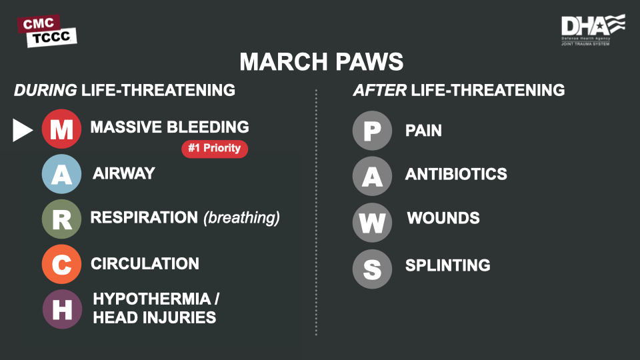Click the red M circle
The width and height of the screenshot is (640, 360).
tap(61, 129)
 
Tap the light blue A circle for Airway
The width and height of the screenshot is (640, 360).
tap(61, 174)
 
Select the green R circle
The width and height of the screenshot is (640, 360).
tap(61, 219)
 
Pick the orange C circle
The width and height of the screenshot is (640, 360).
tap(61, 264)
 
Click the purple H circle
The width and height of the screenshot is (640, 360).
tap(62, 309)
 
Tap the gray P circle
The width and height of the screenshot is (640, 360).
tap(372, 131)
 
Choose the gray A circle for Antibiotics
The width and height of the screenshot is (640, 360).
tap(372, 176)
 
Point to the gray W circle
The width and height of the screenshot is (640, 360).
tap(372, 223)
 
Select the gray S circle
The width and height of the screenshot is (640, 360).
tap(372, 269)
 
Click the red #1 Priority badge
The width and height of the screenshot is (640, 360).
tap(215, 149)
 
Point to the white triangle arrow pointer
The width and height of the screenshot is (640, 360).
tap(23, 130)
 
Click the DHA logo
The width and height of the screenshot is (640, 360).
tap(593, 29)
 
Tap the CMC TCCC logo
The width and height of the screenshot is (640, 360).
tap(47, 31)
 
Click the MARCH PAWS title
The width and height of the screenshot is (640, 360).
tap(321, 61)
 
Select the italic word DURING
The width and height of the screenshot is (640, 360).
tap(45, 90)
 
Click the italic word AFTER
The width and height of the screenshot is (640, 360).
tap(379, 90)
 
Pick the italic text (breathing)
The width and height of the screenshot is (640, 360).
tap(241, 217)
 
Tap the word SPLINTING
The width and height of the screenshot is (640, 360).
tap(448, 265)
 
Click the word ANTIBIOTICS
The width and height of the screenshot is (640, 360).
tap(456, 174)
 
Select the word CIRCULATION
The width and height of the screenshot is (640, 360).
tap(145, 264)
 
